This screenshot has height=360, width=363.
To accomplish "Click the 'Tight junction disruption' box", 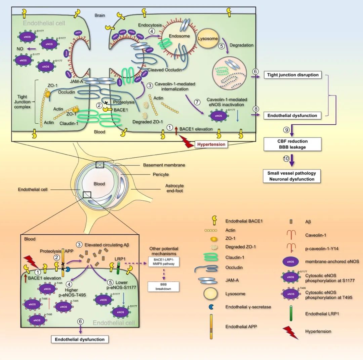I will click(292, 75).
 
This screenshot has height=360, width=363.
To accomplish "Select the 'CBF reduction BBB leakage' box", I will click(292, 144).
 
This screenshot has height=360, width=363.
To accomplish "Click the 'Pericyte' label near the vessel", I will click(160, 175).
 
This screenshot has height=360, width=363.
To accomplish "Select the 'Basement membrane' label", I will click(164, 165).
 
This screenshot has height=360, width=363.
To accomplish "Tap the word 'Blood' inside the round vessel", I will click(99, 184).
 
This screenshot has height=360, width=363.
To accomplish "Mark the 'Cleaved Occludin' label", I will click(164, 70).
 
